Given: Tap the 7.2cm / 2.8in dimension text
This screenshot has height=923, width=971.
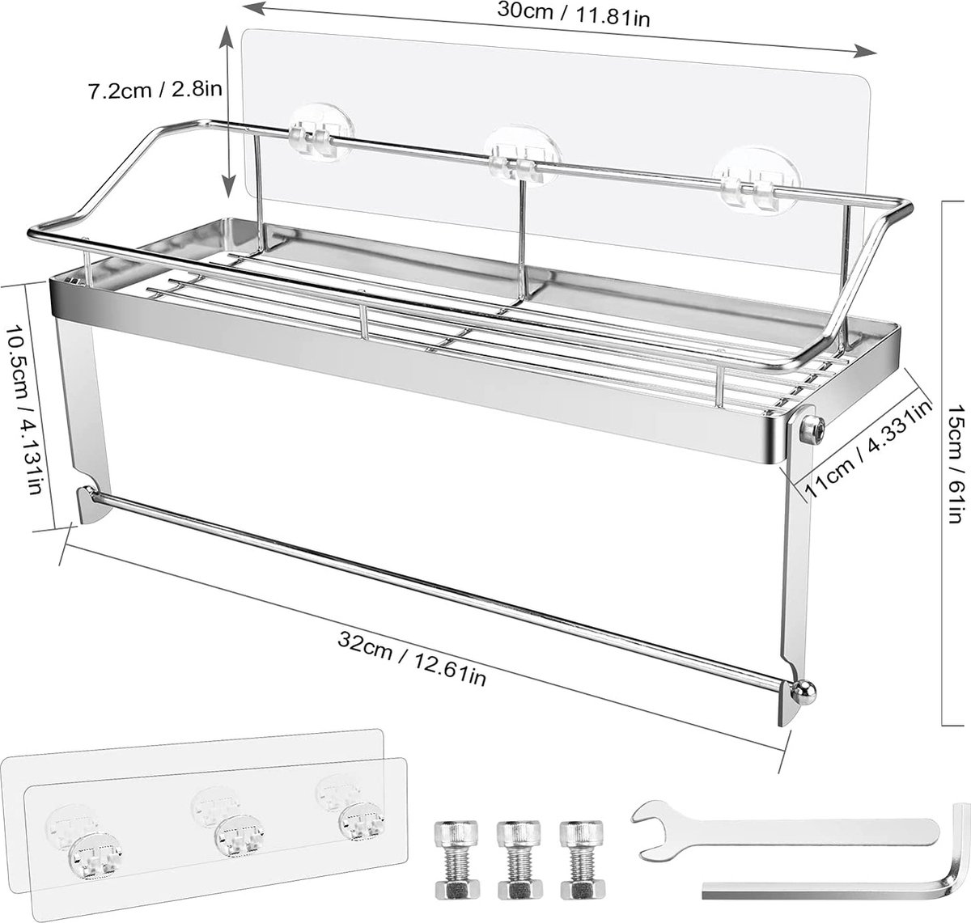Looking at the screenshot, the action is [x=155, y=91].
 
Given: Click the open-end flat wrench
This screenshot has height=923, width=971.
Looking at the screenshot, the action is [x=785, y=836].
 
